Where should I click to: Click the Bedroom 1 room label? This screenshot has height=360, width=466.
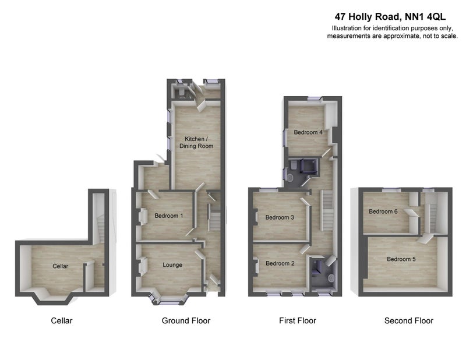click(168, 216)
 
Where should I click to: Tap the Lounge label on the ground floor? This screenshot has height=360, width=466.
click(172, 265)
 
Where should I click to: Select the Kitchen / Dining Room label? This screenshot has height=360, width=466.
click(196, 142)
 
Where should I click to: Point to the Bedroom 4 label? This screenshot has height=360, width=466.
click(308, 132)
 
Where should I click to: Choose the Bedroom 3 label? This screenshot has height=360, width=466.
click(280, 217)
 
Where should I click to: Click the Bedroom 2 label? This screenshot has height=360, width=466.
click(280, 263)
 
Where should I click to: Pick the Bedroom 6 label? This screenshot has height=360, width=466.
click(383, 211)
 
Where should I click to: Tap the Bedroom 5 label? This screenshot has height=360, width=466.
click(401, 259)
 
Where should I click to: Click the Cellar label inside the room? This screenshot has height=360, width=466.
click(61, 266)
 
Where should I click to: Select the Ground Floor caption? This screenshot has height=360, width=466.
click(186, 321)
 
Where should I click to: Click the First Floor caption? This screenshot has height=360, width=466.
click(298, 321)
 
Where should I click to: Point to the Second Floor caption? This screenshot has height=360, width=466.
click(409, 321)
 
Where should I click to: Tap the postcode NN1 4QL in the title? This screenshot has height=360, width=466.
click(425, 17)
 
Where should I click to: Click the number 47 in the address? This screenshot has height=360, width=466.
click(340, 17)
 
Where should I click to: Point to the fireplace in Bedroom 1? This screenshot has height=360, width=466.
click(143, 216)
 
